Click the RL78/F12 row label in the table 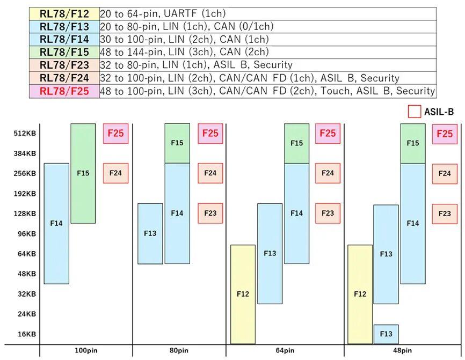point(64,13)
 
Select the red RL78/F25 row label point(64,91)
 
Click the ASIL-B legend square point(415,112)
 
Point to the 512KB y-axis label point(25,134)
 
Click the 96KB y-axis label point(27,234)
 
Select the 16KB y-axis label point(27,334)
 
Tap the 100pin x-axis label point(86,350)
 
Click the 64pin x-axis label point(285,350)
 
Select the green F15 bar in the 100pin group point(83,173)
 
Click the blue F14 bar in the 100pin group point(56,223)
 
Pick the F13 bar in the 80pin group point(150,233)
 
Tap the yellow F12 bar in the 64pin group point(243,294)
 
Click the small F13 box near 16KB point(386,334)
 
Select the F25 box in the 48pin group point(445,134)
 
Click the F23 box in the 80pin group point(210,214)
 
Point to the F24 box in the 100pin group point(115,173)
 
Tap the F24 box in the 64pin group point(328,173)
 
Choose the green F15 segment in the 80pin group point(177,143)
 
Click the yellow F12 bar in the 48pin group point(360,294)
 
